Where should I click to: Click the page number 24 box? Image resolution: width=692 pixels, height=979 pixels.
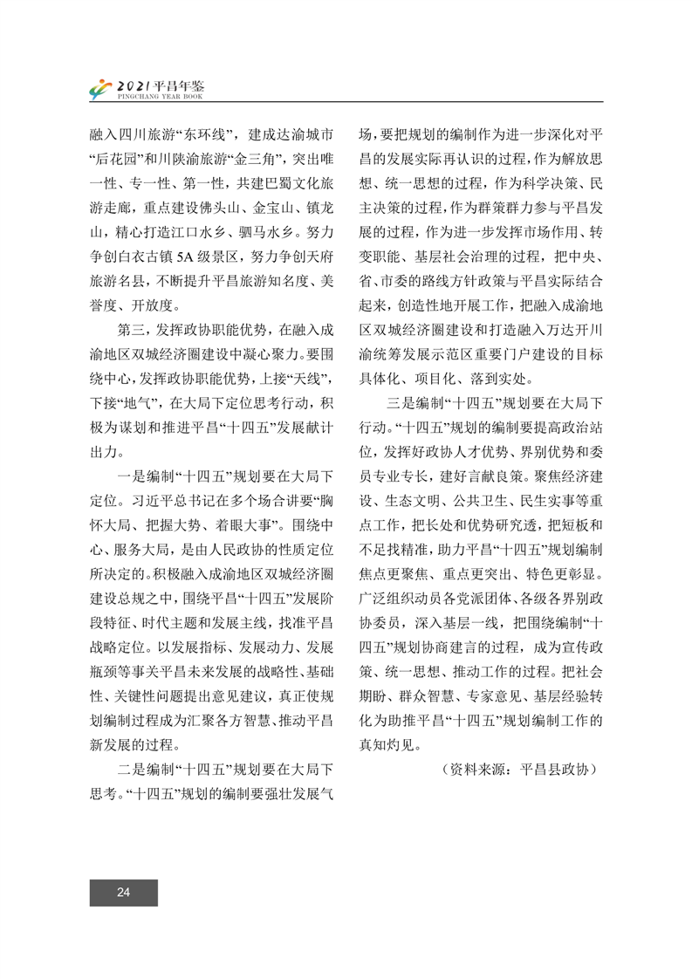tap(123, 892)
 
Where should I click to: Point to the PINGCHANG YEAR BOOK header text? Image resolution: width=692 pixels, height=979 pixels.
tap(160, 95)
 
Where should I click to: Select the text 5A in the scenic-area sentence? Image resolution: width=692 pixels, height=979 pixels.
tap(188, 257)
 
